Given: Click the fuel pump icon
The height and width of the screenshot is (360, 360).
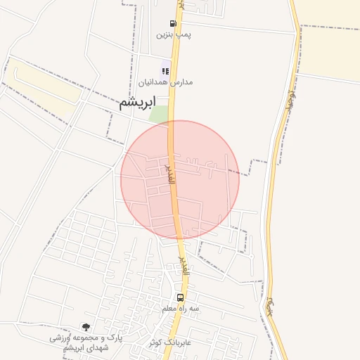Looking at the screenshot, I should pos(173,23).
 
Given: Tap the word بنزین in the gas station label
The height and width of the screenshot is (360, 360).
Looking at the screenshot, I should pos(164,34).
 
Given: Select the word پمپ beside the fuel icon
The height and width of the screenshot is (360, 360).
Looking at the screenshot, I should pos(184,34).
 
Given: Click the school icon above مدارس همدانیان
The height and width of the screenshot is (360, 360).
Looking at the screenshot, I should pos(166,71).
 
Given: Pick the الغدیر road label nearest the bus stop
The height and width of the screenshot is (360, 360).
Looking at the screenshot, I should pos(182,266).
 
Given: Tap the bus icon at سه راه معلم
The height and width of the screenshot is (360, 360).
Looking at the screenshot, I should pos(181,297).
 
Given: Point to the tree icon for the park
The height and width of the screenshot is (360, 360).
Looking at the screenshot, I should pos(86,327).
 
